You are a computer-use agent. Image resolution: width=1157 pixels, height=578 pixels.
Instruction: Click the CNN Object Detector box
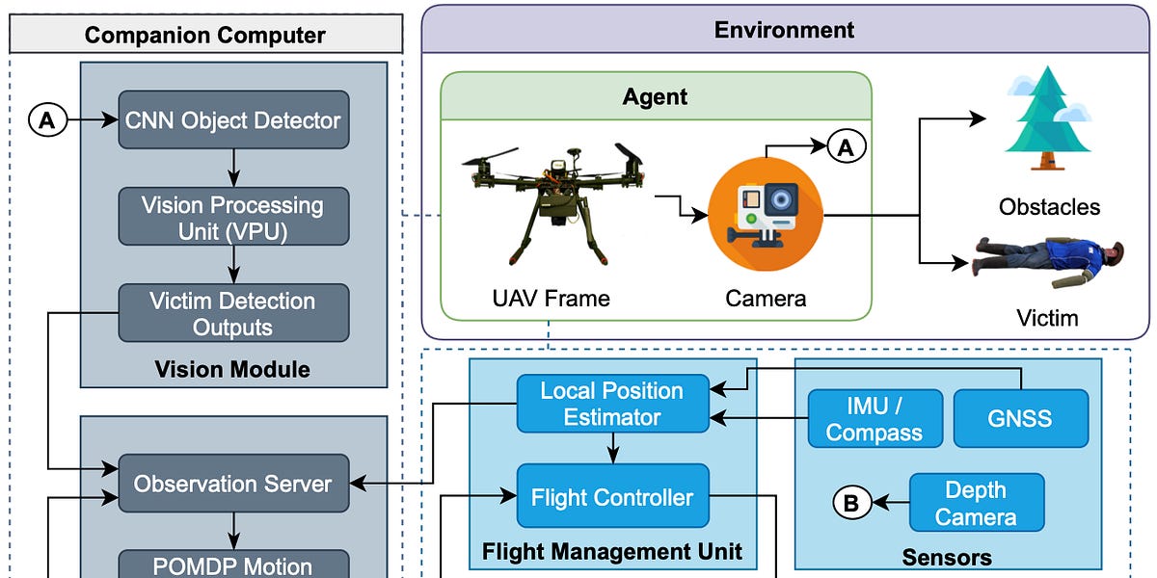(233, 120)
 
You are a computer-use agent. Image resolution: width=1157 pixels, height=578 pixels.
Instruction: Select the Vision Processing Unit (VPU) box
(233, 218)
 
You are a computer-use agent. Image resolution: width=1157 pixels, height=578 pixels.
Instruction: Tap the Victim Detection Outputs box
(233, 313)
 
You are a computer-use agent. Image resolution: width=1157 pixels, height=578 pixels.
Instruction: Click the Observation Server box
(233, 484)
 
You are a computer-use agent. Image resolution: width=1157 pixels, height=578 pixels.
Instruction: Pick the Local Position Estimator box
(612, 404)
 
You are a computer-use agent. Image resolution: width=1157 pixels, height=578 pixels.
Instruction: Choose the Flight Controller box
(612, 497)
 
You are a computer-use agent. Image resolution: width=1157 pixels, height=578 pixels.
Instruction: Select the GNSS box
(1020, 418)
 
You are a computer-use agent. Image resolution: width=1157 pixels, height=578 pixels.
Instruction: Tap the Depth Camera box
(976, 503)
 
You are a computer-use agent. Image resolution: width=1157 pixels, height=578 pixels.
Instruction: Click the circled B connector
(851, 503)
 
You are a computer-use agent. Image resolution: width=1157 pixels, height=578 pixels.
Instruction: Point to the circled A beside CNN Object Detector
(47, 120)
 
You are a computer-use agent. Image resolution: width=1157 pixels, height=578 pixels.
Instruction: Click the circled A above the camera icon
(846, 146)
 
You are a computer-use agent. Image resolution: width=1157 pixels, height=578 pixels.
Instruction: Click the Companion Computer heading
(205, 36)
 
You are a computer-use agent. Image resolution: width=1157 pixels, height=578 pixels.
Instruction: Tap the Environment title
(784, 29)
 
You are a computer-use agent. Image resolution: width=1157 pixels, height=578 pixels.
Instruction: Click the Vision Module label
(232, 369)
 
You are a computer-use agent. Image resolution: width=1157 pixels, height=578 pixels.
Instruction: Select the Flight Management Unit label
(612, 552)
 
